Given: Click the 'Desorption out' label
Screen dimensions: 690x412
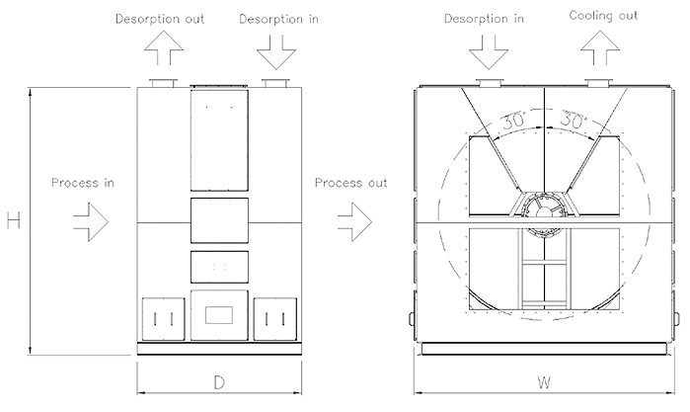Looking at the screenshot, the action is point(160,19).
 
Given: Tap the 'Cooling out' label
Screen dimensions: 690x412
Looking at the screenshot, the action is point(603,16).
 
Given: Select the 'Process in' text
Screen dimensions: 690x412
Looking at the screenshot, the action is point(83,183).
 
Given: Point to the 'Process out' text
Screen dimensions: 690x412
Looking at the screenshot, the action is point(350,183).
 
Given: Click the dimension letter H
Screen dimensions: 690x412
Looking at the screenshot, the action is point(14,219).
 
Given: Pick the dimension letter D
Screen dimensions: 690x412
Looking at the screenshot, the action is point(219,382).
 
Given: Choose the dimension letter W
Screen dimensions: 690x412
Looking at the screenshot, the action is point(544,382).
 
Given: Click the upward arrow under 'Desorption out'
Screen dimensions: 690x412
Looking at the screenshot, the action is point(163,48).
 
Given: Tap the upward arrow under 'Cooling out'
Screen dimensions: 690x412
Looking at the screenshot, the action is point(600,48).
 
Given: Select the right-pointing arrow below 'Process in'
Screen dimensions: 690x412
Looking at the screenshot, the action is point(91,221).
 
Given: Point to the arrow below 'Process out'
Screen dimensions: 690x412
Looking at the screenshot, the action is point(355,221).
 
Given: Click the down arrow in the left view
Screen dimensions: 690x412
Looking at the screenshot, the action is point(276,52).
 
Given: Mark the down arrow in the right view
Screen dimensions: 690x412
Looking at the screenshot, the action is point(489,52).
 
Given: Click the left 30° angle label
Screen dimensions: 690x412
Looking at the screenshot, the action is point(514,121).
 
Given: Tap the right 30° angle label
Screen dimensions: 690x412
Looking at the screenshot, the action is point(574,120).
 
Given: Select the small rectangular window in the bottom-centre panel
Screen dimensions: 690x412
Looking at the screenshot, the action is point(219,315).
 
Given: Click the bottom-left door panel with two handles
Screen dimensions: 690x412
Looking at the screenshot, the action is point(163,319).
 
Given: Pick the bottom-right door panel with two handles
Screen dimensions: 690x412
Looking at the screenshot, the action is point(275,319).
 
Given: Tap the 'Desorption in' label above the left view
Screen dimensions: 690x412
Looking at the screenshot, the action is point(278,20).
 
